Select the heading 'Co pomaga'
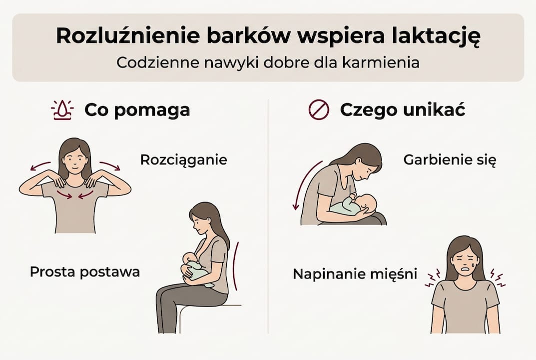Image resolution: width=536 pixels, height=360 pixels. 137,110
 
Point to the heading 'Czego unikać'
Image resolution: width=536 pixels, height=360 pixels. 402,110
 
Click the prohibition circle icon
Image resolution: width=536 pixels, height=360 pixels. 319,110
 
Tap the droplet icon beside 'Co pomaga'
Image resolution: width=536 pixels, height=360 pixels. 62,110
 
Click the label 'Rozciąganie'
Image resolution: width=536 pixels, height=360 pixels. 183,160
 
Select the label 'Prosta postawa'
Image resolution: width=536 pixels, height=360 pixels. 85,272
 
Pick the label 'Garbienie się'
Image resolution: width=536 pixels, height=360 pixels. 450,160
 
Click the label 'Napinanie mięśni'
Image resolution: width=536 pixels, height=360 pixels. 355,274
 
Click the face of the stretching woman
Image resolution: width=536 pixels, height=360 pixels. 75,158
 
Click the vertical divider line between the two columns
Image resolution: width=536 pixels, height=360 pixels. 268,215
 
